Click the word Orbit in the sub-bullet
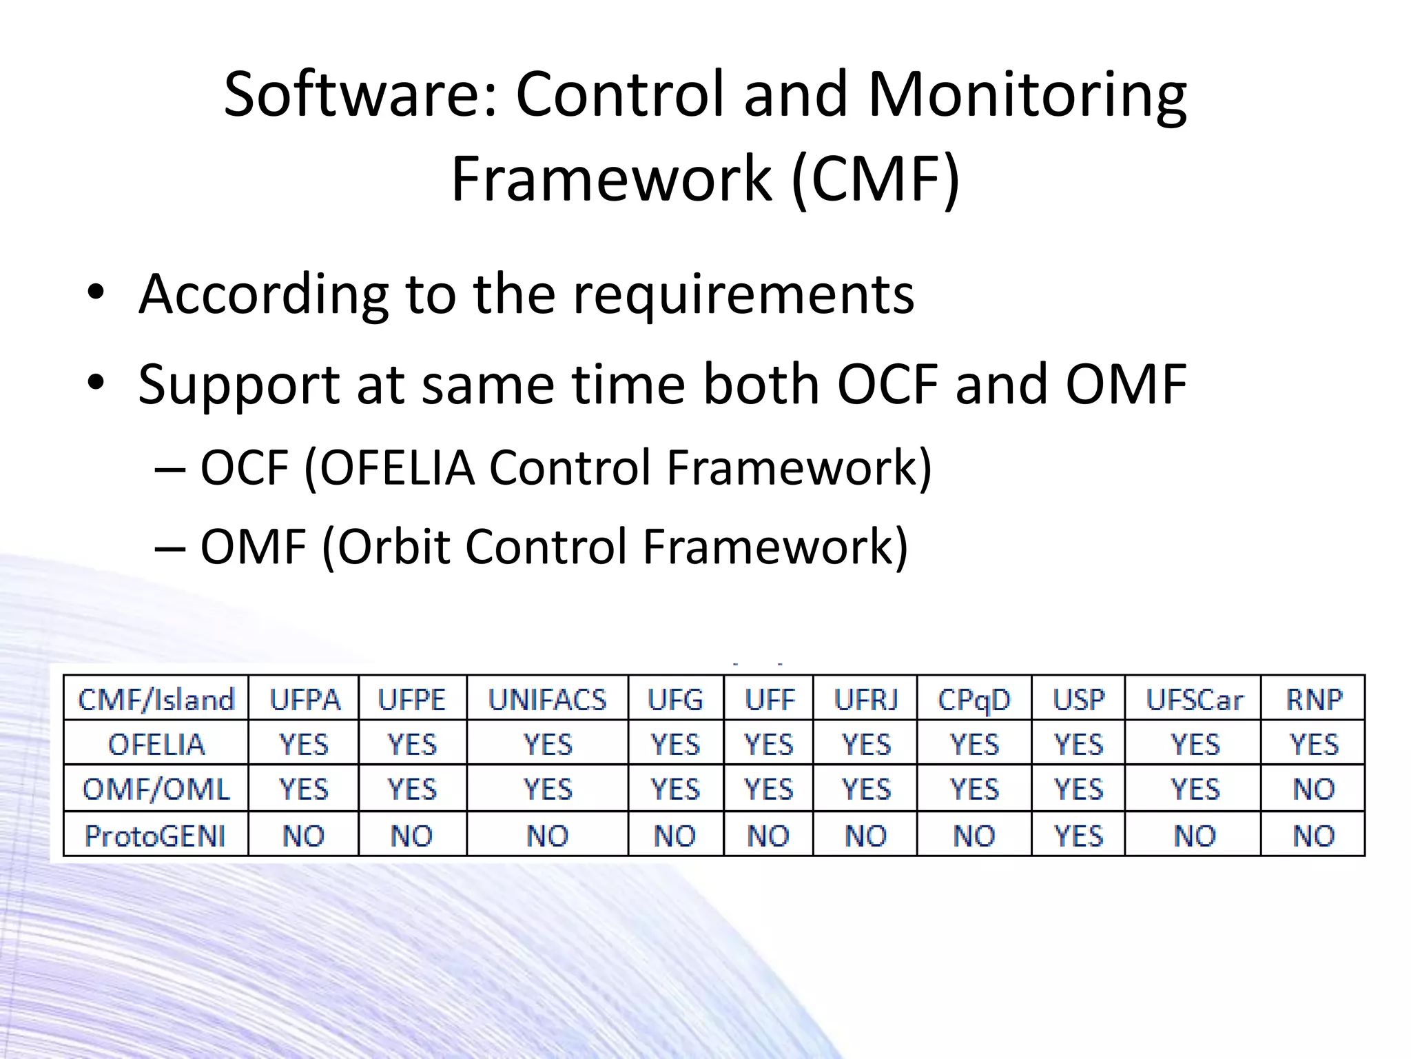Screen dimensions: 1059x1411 pyautogui.click(x=393, y=547)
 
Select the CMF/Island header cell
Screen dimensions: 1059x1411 pyautogui.click(x=156, y=700)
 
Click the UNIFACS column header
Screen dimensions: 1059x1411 pyautogui.click(x=547, y=700)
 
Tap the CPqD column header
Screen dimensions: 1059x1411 pyautogui.click(x=974, y=700)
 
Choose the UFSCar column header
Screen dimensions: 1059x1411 pyautogui.click(x=1194, y=700)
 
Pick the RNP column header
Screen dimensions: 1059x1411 pyautogui.click(x=1314, y=700)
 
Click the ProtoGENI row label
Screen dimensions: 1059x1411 pyautogui.click(x=155, y=836)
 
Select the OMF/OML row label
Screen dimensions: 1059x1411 pyautogui.click(x=156, y=789)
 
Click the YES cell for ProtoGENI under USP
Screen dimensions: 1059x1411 pyautogui.click(x=1078, y=836)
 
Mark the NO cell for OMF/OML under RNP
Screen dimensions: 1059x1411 pyautogui.click(x=1314, y=789)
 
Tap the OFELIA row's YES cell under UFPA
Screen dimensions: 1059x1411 pyautogui.click(x=303, y=745)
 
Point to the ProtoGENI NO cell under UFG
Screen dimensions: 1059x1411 pyautogui.click(x=675, y=836)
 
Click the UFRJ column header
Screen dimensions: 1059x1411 pyautogui.click(x=866, y=700)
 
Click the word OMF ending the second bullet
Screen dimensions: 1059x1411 pyautogui.click(x=1126, y=385)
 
